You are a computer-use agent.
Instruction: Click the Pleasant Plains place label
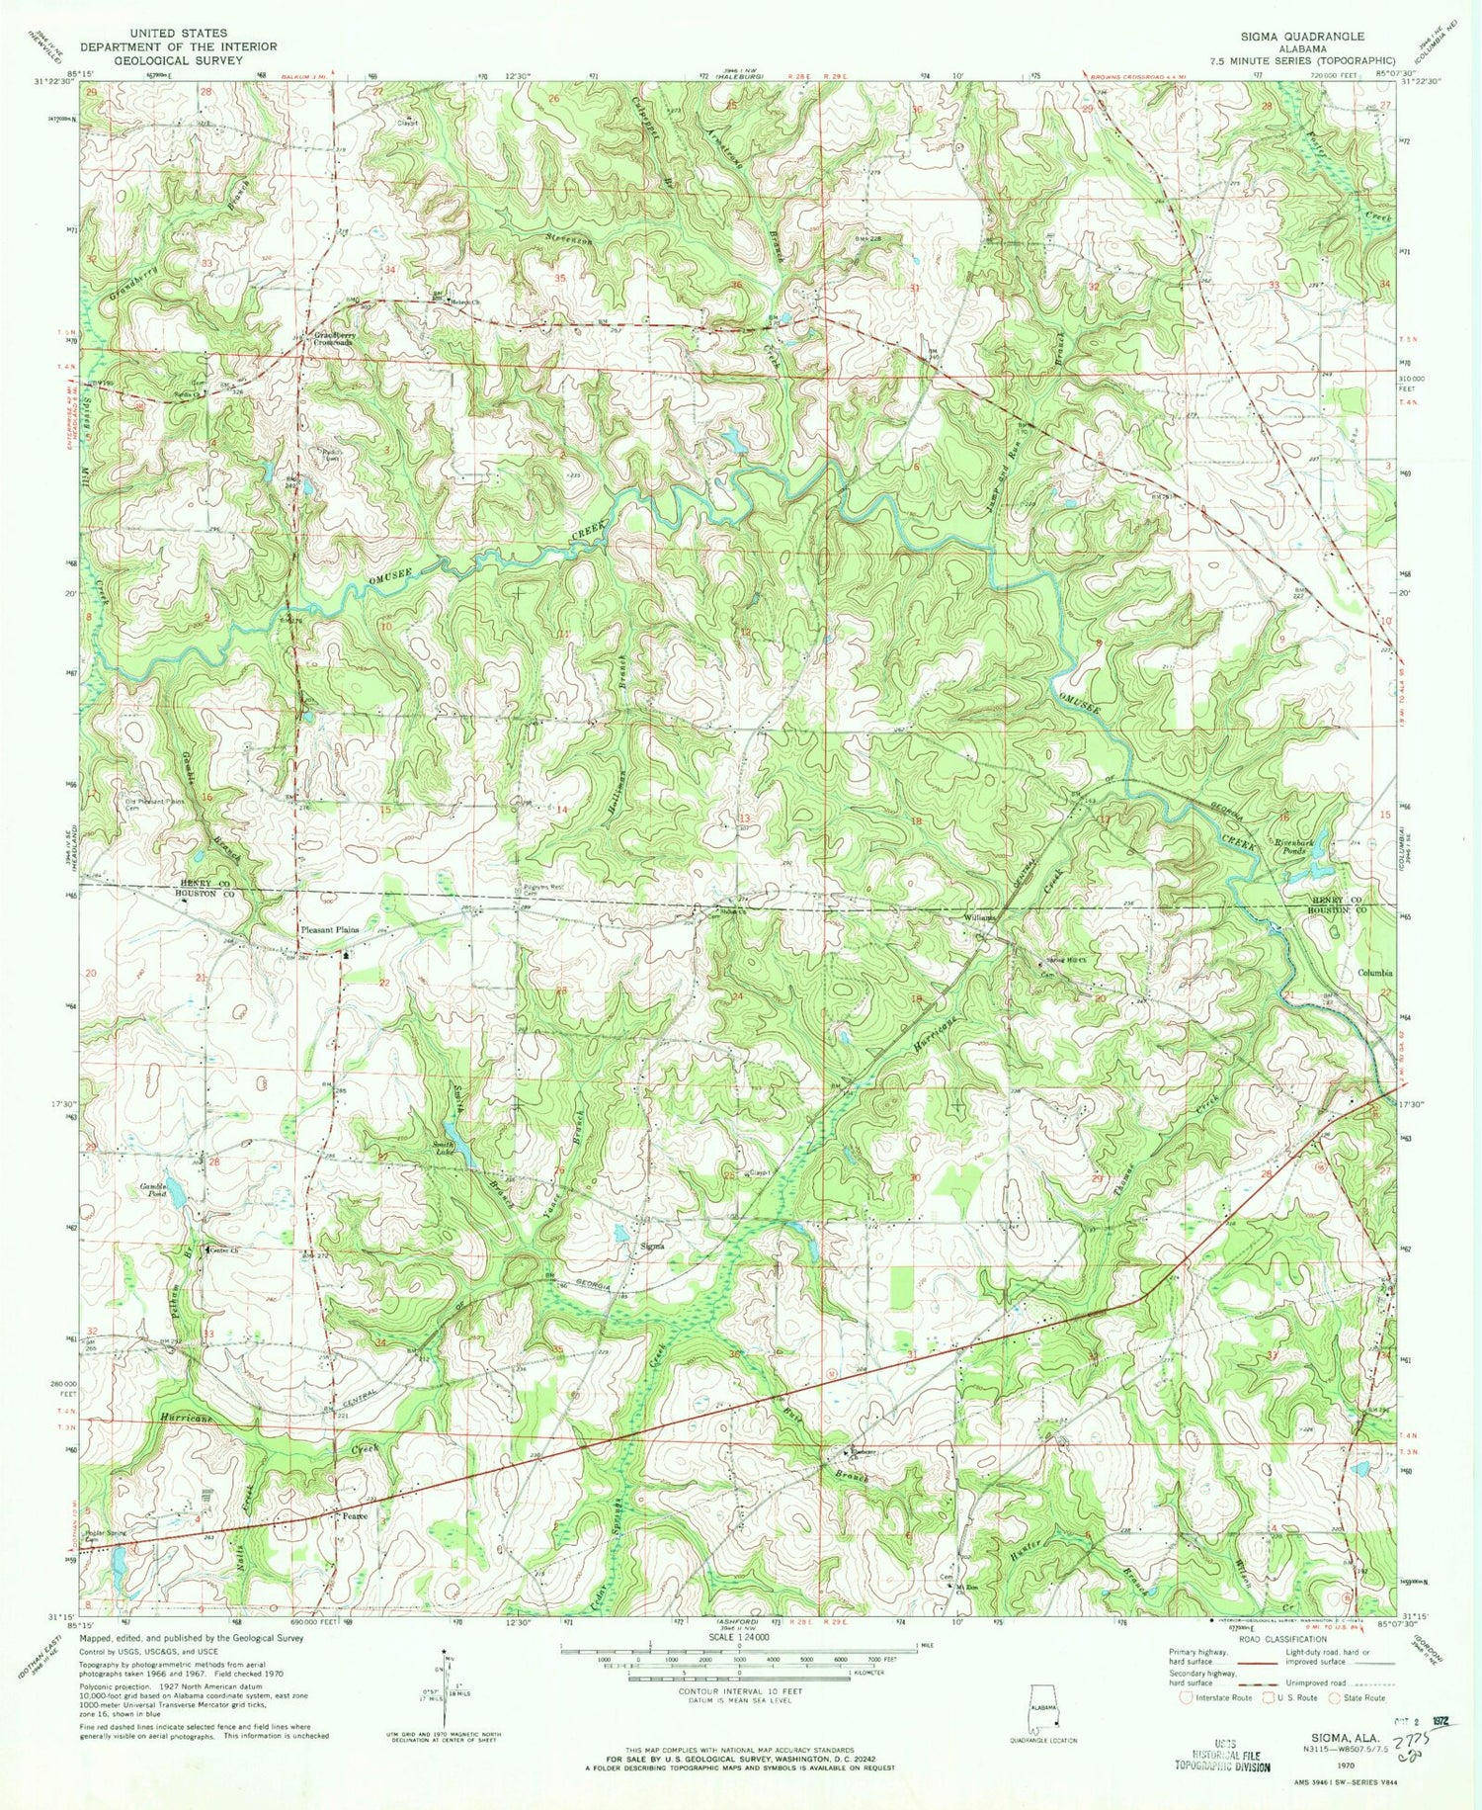point(329,930)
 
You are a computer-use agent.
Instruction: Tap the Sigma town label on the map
point(651,1247)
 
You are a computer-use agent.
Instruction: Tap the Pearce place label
point(354,1515)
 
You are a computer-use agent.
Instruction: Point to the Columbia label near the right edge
point(1373,973)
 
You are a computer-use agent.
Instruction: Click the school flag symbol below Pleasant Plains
point(344,956)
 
